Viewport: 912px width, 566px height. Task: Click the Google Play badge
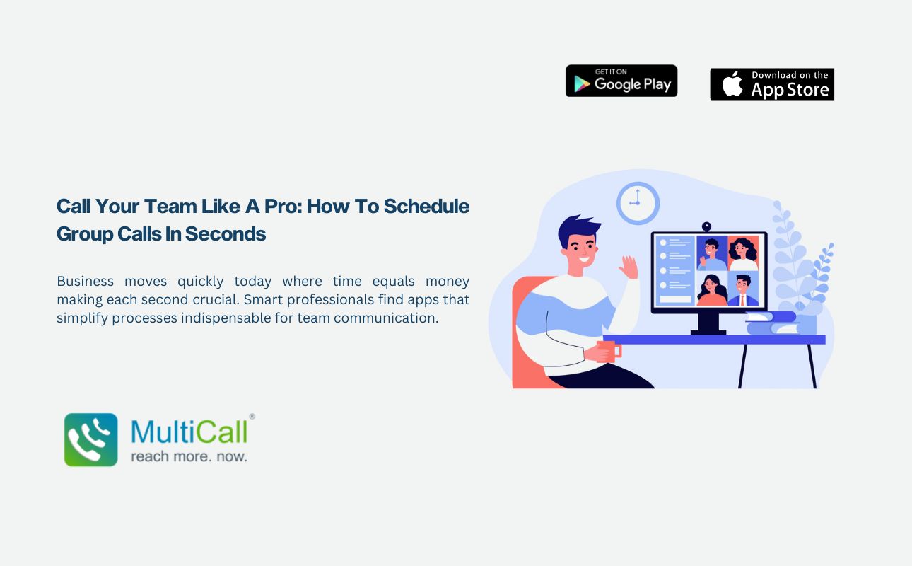pos(621,81)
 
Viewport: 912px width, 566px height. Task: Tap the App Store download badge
pos(772,84)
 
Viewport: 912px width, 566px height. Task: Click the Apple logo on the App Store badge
pos(732,83)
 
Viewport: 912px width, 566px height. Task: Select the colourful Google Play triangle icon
pos(582,84)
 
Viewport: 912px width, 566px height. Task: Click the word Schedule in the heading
pos(426,206)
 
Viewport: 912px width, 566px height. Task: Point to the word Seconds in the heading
pos(225,234)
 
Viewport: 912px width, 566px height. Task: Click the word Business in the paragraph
pos(85,281)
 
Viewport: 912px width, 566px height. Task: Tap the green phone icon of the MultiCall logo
pos(90,439)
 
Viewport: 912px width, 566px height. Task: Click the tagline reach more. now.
pos(189,456)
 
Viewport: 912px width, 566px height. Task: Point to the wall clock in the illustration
pos(638,203)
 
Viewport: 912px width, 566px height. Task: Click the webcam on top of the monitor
pos(706,227)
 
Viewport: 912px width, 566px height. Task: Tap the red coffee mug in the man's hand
pos(609,351)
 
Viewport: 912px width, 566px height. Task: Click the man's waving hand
pos(629,267)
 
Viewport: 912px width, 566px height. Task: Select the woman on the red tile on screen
pos(743,253)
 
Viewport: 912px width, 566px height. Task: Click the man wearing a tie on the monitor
pos(743,289)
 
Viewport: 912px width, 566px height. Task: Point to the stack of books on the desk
pos(772,323)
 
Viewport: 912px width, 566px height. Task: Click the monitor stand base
pos(708,332)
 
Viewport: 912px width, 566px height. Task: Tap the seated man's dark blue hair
pos(578,230)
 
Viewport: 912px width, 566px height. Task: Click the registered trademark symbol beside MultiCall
pos(252,417)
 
